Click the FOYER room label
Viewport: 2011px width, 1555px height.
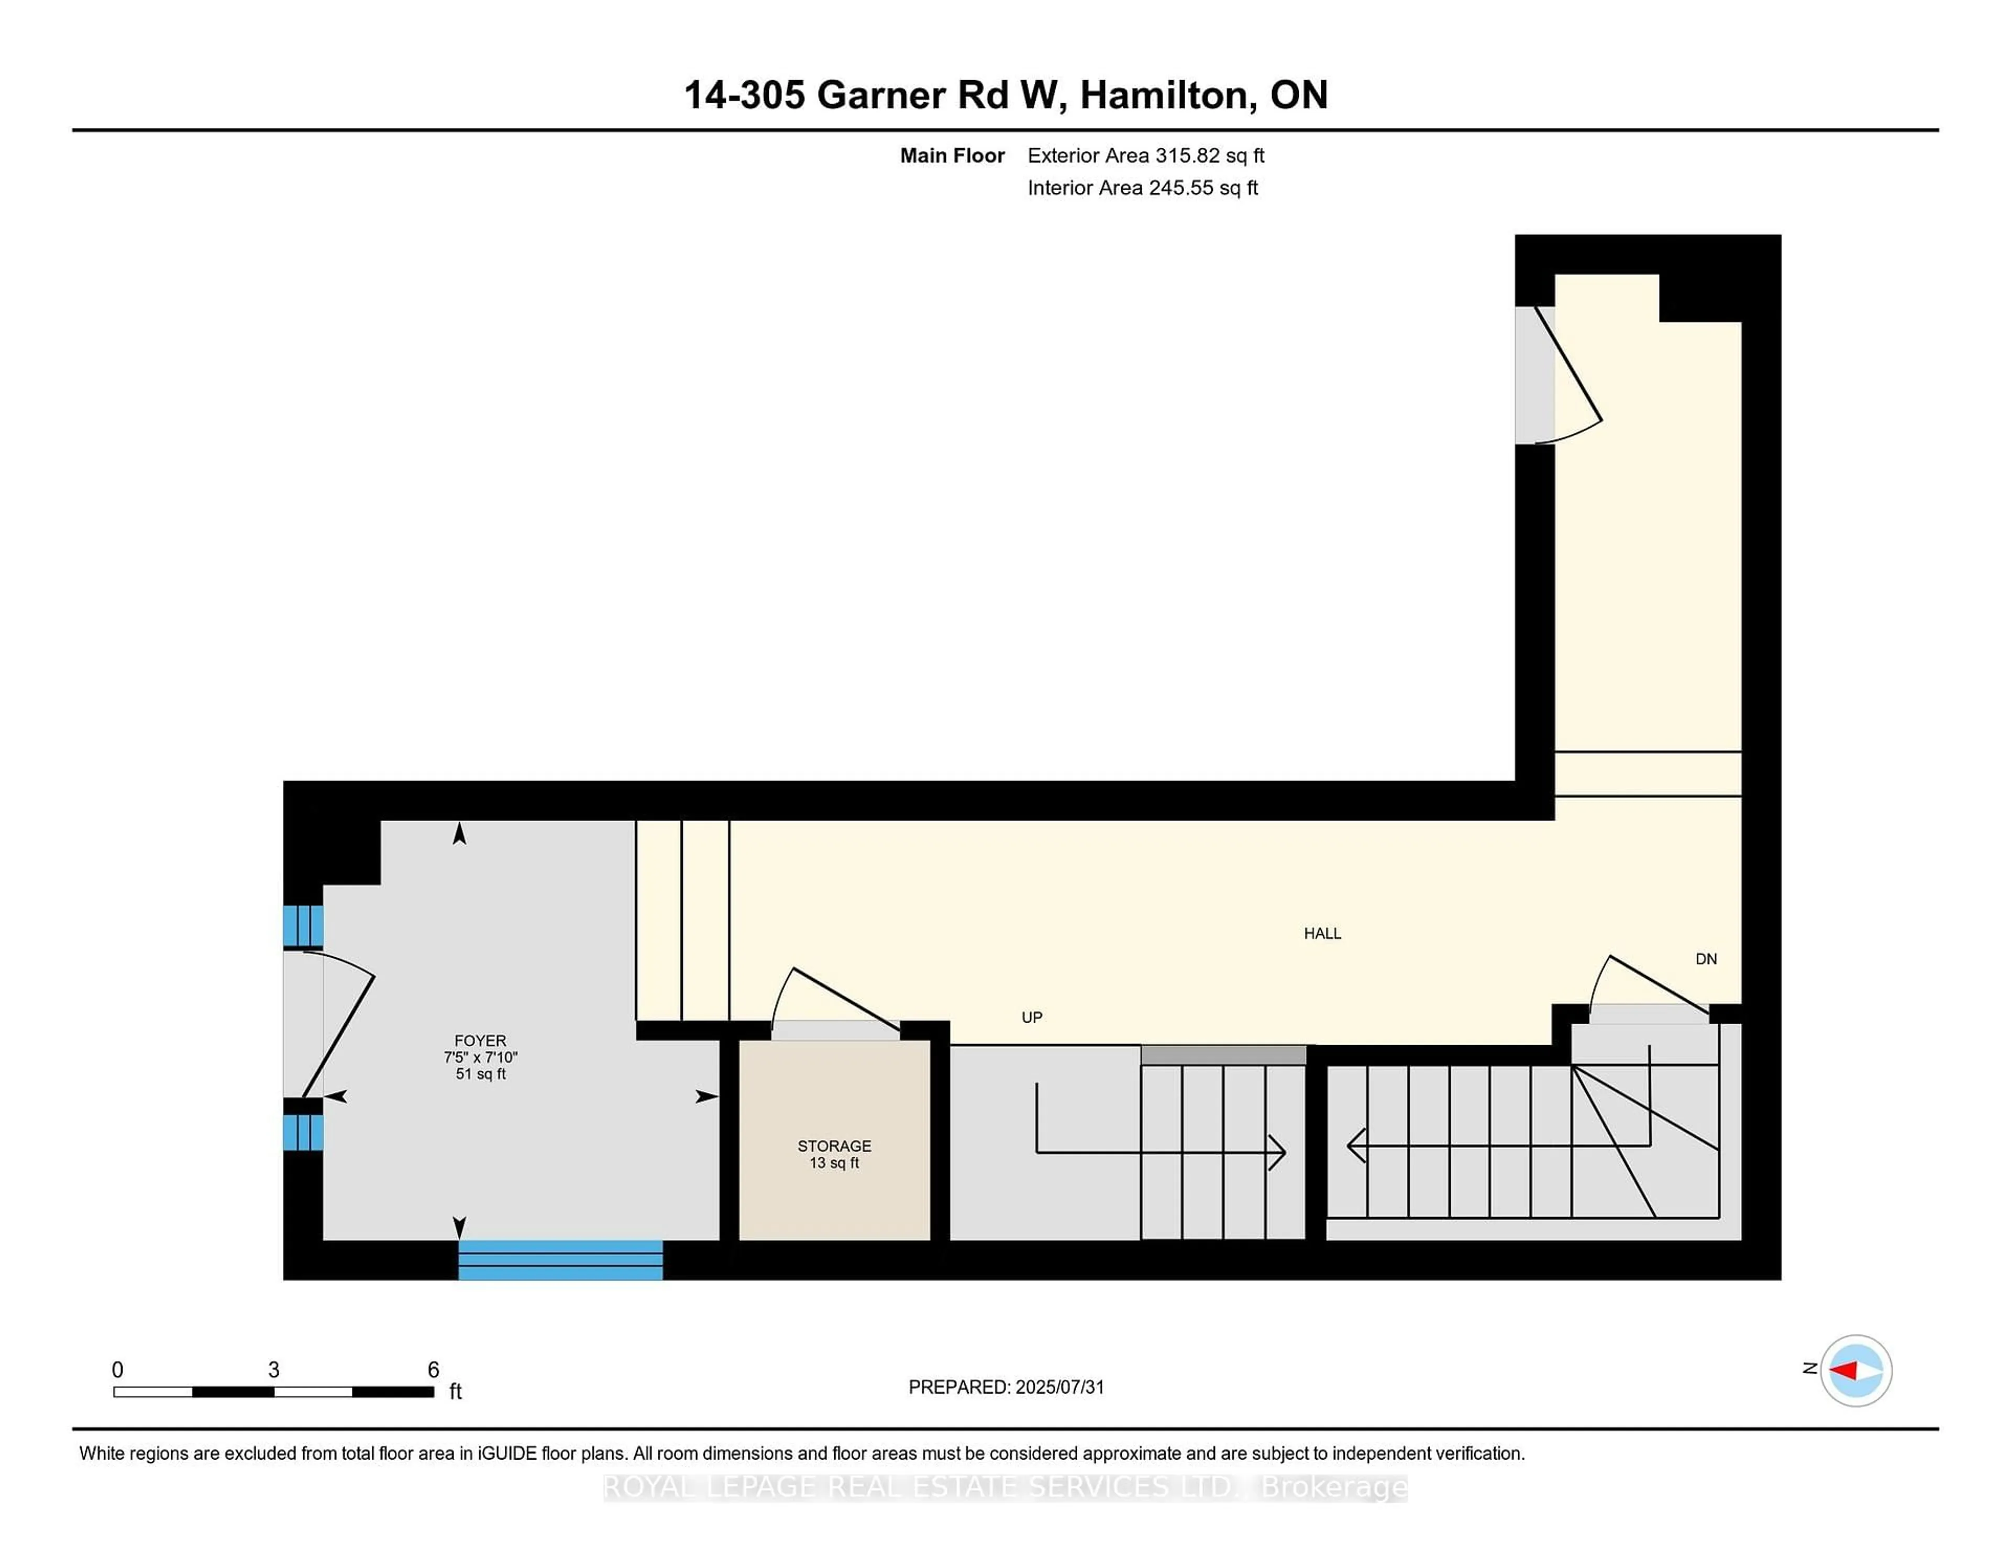(x=480, y=1040)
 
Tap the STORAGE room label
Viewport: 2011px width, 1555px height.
(x=834, y=1146)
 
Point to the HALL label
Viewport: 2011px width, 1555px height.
(x=1322, y=933)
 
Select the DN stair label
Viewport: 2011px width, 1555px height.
(x=1706, y=959)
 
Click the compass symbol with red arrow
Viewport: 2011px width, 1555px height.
(x=1855, y=1370)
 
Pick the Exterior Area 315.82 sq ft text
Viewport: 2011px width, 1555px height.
(x=1145, y=156)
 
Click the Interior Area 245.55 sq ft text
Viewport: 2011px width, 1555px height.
(x=1143, y=188)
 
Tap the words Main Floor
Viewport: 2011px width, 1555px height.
(x=952, y=156)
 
